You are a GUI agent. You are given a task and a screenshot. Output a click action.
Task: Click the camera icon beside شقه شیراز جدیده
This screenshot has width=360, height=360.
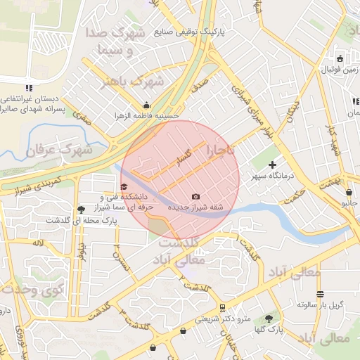click(195, 196)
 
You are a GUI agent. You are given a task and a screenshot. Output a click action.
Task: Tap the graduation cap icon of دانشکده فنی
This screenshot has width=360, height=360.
click(124, 187)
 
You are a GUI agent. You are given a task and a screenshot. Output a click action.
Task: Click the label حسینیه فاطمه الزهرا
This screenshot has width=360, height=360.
click(148, 115)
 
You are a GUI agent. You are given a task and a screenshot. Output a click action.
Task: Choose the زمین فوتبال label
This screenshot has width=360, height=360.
click(340, 69)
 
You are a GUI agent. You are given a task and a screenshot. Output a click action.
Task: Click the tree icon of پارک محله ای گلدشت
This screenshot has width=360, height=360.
click(81, 209)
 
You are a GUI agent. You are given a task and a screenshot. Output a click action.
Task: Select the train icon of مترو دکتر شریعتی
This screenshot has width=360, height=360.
click(222, 307)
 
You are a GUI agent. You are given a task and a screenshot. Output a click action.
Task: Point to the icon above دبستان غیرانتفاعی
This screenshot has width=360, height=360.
click(29, 88)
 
